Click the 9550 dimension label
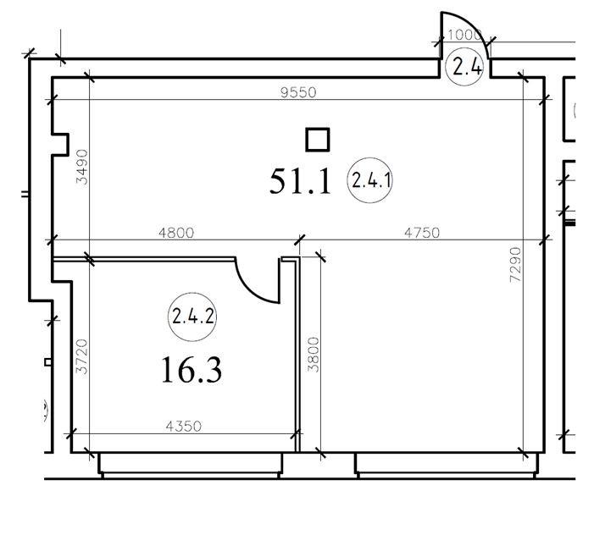pos(298,92)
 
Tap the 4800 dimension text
pos(176,233)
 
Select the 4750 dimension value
pos(422,233)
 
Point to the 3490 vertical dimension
pos(82,167)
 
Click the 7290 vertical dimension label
pos(515,265)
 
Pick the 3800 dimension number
pos(314,355)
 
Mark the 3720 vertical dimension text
pos(82,356)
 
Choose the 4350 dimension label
pos(184,427)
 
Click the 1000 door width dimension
pos(464,36)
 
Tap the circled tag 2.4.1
pos(369,180)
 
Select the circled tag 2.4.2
pos(192,317)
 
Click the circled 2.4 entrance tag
pos(465,68)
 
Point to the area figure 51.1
pos(301,182)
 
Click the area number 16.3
pos(192,370)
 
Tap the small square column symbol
pos(318,140)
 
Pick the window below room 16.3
pos(191,465)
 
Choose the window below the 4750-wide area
pos(446,465)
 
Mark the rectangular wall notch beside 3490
pos(61,144)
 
